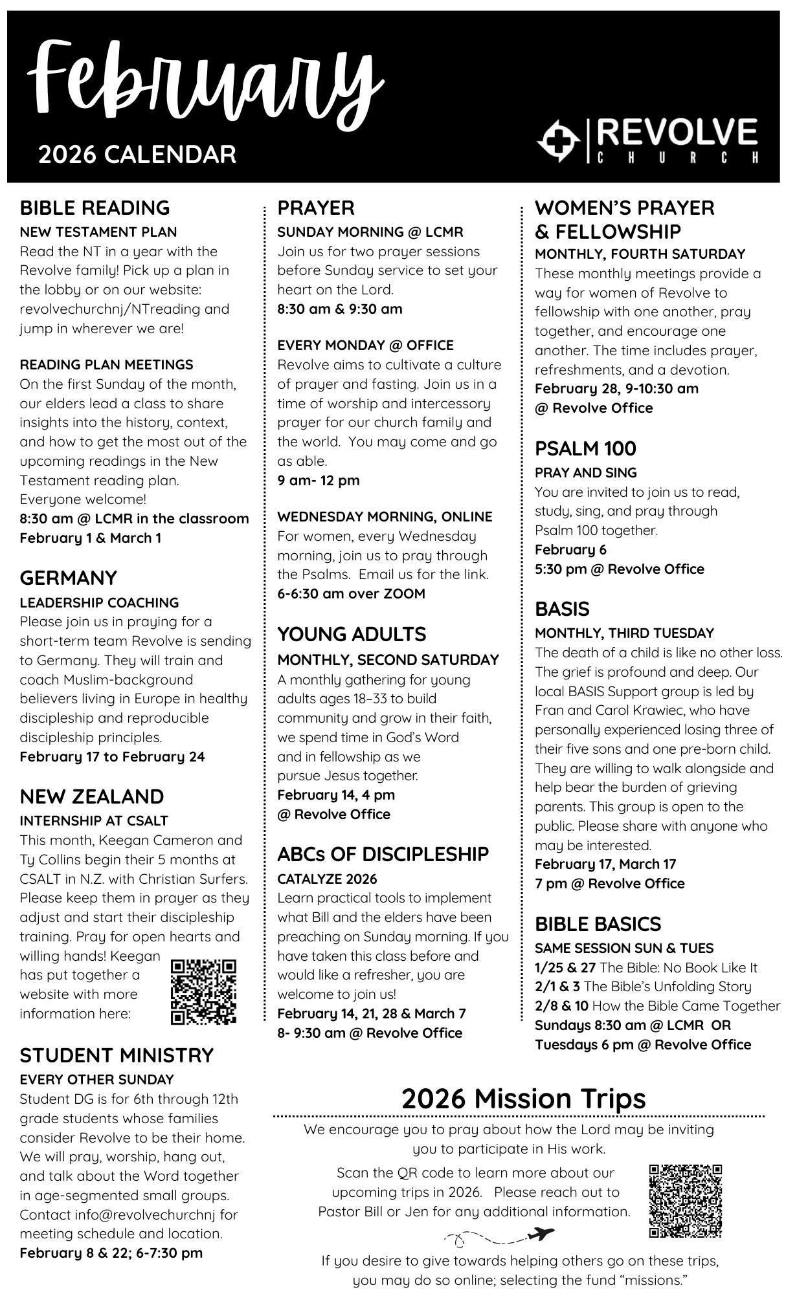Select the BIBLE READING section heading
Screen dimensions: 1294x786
95,208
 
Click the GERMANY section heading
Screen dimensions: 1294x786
68,578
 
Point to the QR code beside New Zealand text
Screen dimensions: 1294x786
204,991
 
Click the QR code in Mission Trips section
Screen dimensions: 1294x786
685,1201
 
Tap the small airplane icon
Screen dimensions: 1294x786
541,1234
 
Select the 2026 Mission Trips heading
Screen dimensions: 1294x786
523,1099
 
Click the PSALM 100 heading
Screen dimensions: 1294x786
585,448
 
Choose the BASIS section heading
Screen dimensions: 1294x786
562,609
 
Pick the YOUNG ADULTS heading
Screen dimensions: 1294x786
352,634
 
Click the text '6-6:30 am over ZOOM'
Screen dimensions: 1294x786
351,593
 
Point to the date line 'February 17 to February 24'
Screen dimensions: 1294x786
112,756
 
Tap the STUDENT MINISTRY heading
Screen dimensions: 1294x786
117,1055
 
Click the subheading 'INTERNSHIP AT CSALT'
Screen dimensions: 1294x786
94,820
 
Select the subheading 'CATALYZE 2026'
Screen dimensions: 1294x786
327,879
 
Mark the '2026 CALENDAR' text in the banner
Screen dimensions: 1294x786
137,155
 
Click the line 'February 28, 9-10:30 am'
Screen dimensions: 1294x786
616,388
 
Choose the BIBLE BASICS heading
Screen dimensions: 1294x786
598,924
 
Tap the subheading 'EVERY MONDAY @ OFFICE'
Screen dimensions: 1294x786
365,345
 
